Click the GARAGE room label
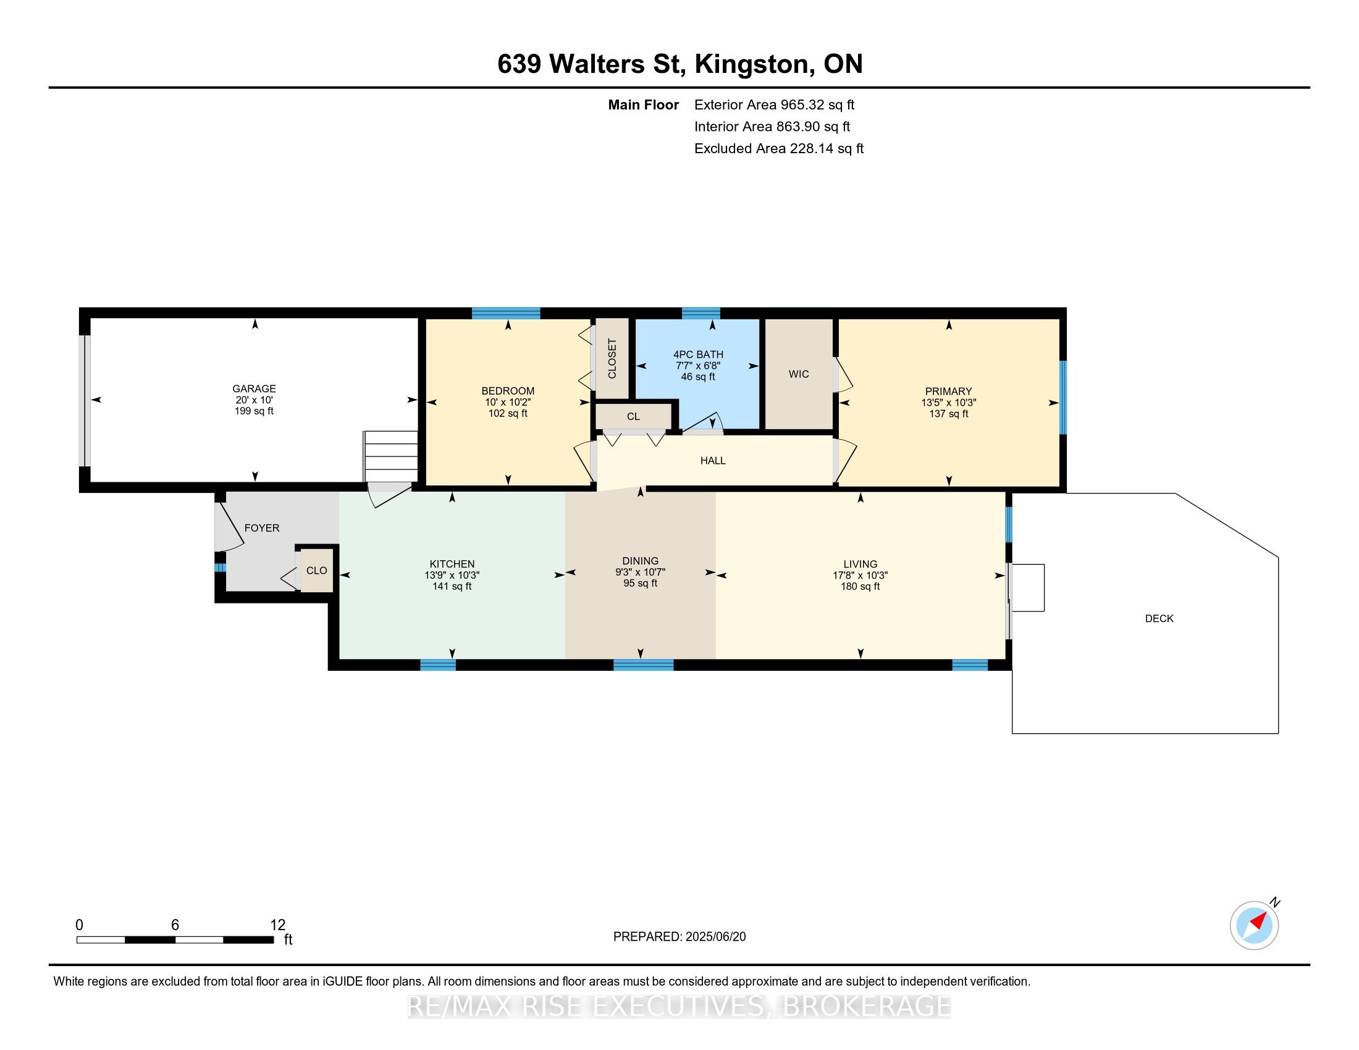click(x=254, y=388)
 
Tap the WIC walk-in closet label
click(x=798, y=374)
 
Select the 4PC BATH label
click(x=698, y=355)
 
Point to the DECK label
click(x=1159, y=618)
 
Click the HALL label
click(x=713, y=461)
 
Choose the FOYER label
click(x=262, y=528)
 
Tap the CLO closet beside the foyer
click(x=317, y=571)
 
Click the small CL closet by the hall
click(x=633, y=416)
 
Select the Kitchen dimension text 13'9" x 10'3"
click(x=452, y=576)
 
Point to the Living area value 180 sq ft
click(x=860, y=587)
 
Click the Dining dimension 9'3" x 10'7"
click(x=641, y=573)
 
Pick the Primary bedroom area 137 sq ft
click(x=949, y=414)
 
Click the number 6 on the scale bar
click(x=175, y=925)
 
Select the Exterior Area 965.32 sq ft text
click(x=775, y=104)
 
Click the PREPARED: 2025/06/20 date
click(x=679, y=937)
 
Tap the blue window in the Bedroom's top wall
click(x=506, y=313)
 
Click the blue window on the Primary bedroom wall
click(x=1064, y=398)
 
